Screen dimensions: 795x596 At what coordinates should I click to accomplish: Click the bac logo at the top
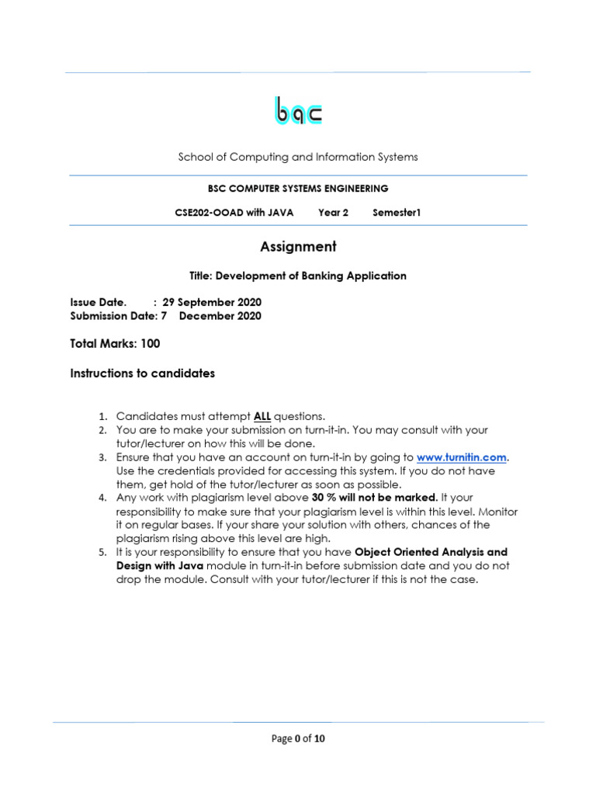click(x=298, y=111)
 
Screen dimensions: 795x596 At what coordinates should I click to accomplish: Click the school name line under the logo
click(x=298, y=157)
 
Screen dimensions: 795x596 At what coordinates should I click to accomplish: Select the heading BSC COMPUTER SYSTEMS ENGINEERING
click(x=298, y=188)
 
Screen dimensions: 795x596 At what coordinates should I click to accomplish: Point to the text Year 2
click(x=334, y=212)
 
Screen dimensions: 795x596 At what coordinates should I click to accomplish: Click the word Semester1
click(x=396, y=212)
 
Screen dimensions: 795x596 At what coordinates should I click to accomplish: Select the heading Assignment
click(x=298, y=247)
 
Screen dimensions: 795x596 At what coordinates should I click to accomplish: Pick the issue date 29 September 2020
click(x=212, y=302)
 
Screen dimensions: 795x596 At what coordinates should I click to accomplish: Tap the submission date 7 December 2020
click(x=211, y=316)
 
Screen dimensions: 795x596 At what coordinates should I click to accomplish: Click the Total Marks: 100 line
click(x=115, y=343)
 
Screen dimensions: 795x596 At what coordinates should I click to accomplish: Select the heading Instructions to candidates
click(x=142, y=373)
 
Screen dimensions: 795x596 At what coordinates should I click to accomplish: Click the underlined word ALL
click(x=262, y=415)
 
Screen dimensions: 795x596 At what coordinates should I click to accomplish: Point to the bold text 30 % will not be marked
click(x=375, y=497)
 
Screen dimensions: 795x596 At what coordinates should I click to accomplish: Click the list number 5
click(x=102, y=552)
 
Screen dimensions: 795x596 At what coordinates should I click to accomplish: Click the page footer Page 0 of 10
click(x=298, y=738)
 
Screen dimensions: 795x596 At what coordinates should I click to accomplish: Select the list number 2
click(x=102, y=429)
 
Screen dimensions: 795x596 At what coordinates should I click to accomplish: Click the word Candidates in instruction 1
click(x=144, y=415)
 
